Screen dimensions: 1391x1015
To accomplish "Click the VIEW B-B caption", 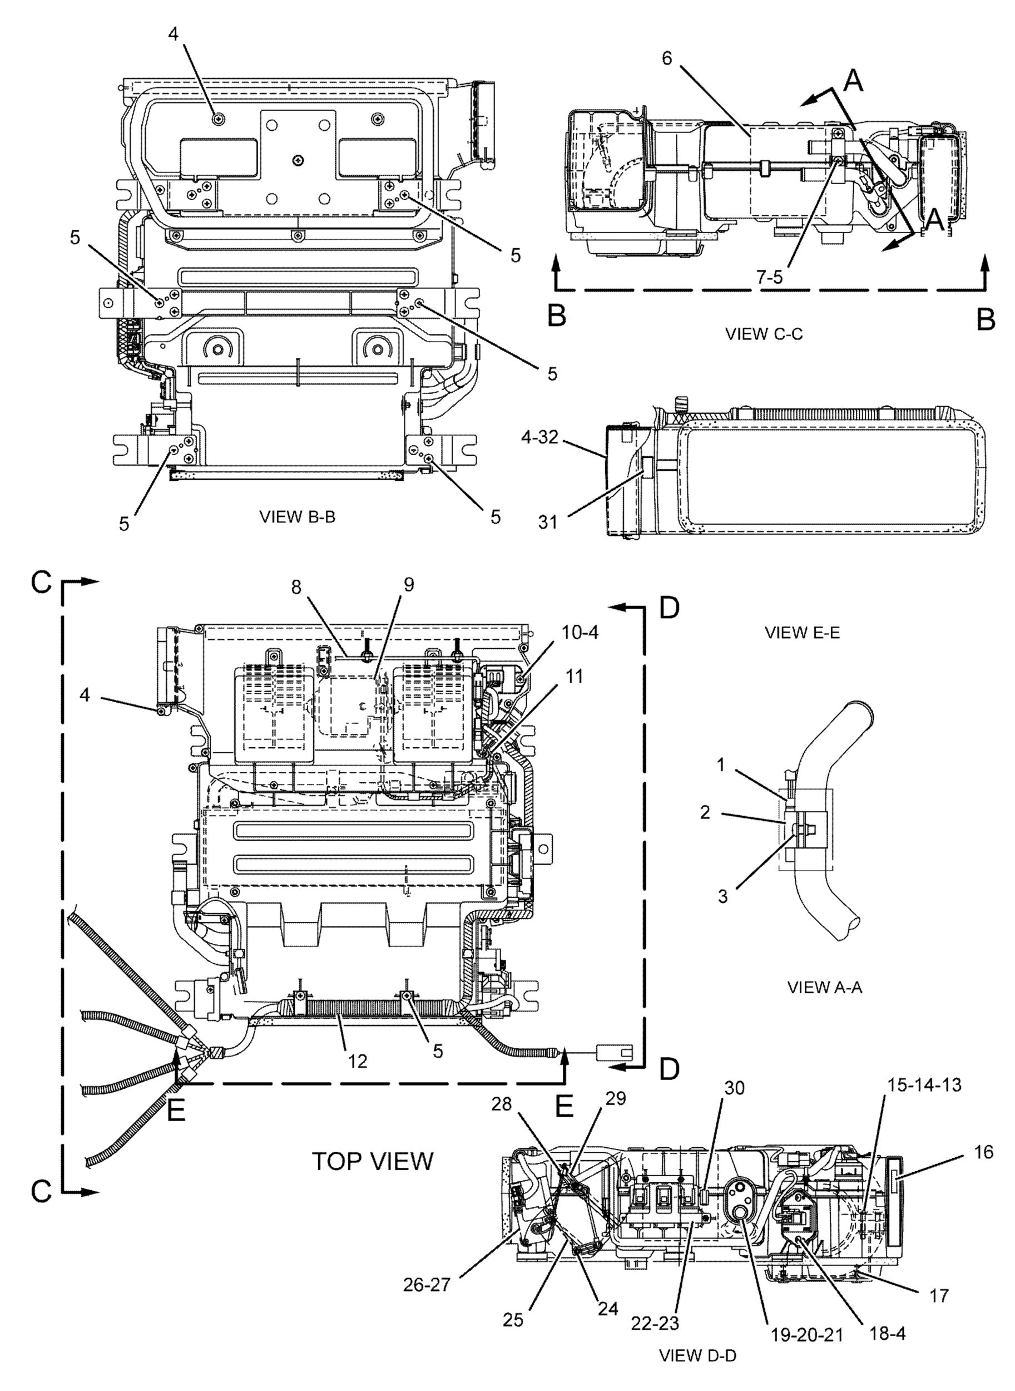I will (298, 517).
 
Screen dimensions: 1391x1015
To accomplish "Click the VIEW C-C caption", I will (764, 334).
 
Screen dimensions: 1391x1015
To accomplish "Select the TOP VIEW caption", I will (373, 1161).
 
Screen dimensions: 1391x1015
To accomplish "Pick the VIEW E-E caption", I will (803, 633).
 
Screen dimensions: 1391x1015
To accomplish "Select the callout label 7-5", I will (769, 277).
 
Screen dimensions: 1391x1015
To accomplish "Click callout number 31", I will (548, 522).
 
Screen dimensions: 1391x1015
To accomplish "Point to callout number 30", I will (734, 1106).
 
